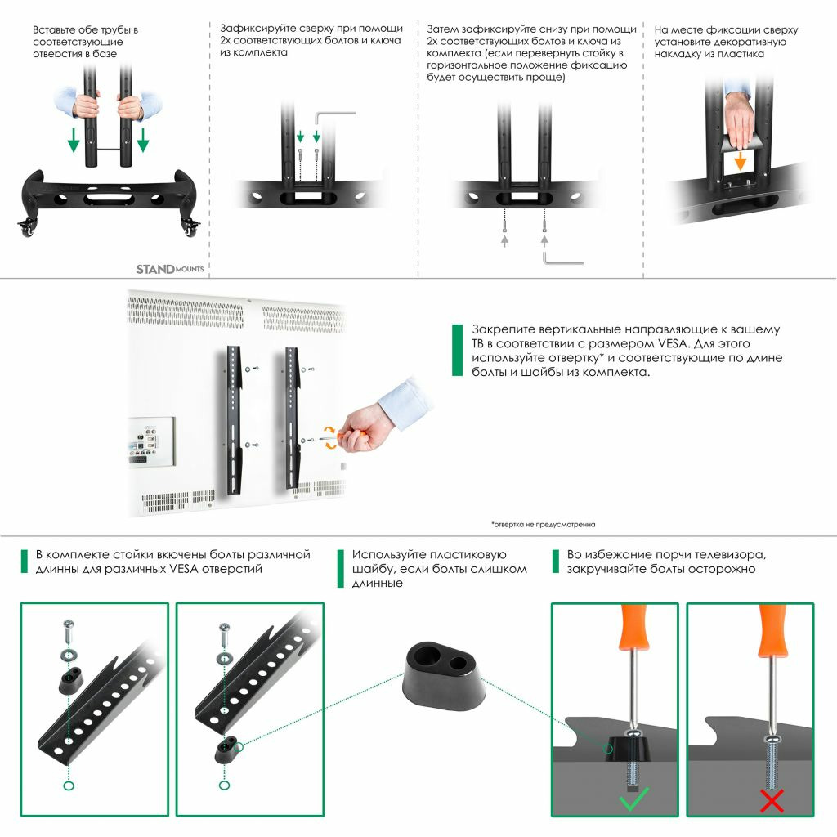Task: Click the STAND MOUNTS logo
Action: tap(170, 269)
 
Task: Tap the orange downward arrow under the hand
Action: tap(740, 161)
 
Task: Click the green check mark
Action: tap(633, 799)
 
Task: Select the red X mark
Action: tap(772, 801)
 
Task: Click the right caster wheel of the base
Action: tap(190, 227)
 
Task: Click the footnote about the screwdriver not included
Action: tap(543, 525)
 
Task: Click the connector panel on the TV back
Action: tap(151, 441)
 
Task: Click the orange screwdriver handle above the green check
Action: tap(633, 626)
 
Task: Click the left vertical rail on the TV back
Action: tap(235, 420)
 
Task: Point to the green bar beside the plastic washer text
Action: tap(341, 569)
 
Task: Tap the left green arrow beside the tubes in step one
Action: tap(74, 140)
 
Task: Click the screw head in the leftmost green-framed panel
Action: tap(69, 624)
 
